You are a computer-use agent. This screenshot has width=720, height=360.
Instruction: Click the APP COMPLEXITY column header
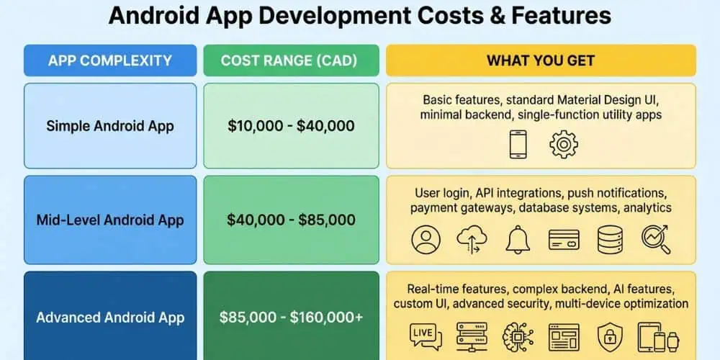(x=110, y=60)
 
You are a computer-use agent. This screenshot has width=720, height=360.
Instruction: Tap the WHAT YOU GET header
(x=541, y=60)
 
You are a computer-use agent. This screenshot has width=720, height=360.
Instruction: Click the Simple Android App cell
(x=110, y=126)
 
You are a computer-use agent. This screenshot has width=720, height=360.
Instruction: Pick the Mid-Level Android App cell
(x=110, y=220)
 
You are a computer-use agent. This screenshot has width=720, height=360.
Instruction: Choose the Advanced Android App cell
(x=110, y=317)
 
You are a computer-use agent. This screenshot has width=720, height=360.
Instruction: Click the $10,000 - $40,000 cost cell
(x=291, y=126)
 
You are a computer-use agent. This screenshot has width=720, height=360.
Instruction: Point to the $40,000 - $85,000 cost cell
(x=291, y=220)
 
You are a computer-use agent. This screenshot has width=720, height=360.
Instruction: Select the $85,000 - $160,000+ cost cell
(x=291, y=317)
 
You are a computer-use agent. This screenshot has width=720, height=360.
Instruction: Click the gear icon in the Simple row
(x=563, y=144)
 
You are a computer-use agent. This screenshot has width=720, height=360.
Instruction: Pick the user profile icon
(x=425, y=240)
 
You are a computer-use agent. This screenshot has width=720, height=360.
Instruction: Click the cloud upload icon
(x=471, y=240)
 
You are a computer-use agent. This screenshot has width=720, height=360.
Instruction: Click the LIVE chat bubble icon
(x=424, y=336)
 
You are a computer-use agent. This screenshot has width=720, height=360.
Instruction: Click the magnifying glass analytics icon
(x=655, y=240)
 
